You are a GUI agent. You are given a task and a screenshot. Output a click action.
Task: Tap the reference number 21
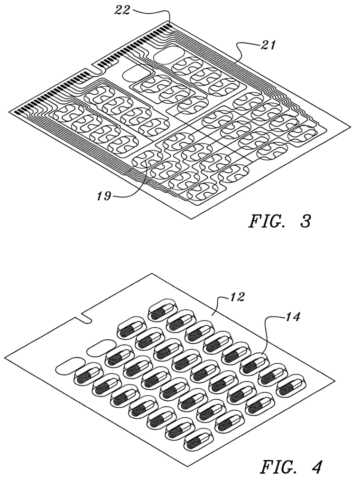click(267, 45)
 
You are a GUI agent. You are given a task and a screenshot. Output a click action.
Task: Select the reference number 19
click(103, 196)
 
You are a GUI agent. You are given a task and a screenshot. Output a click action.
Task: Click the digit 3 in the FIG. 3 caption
click(305, 222)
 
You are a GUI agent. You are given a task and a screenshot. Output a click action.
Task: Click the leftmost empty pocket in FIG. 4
click(70, 366)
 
